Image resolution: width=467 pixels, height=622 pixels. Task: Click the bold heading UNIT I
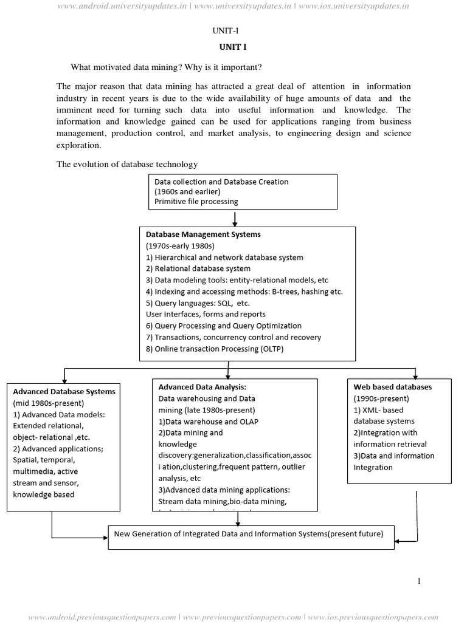pyautogui.click(x=233, y=47)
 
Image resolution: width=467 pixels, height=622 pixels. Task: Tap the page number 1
pyautogui.click(x=419, y=581)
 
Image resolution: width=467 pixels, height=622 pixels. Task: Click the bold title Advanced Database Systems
pyautogui.click(x=64, y=392)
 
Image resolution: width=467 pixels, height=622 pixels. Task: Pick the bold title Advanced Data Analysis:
pyautogui.click(x=202, y=387)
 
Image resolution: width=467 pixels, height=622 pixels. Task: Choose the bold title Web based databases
pyautogui.click(x=393, y=387)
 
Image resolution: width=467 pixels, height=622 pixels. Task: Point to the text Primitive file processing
pyautogui.click(x=196, y=202)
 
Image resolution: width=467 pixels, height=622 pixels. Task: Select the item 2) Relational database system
pyautogui.click(x=198, y=268)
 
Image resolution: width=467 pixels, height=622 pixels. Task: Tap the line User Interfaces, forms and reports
pyautogui.click(x=206, y=315)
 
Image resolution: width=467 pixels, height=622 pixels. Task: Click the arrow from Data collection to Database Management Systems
pyautogui.click(x=235, y=217)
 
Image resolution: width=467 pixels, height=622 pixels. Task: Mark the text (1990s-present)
pyautogui.click(x=381, y=398)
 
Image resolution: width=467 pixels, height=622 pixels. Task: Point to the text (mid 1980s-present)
pyautogui.click(x=49, y=403)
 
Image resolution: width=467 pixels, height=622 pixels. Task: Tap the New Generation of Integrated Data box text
pyautogui.click(x=249, y=535)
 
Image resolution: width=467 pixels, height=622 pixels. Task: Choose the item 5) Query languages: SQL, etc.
pyautogui.click(x=198, y=303)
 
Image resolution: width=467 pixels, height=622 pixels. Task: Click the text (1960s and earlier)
pyautogui.click(x=187, y=191)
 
